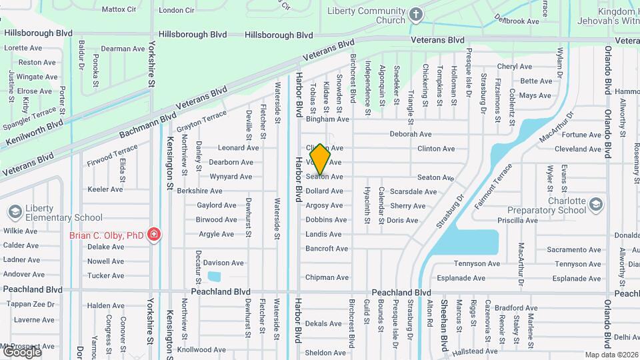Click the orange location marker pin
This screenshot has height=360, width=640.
[320, 159]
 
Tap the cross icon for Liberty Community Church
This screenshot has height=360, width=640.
[416, 15]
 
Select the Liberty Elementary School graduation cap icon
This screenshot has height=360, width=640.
[15, 212]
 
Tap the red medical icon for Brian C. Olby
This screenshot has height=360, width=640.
[154, 235]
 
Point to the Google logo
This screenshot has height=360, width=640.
[21, 352]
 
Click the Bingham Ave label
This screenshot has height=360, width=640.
[327, 119]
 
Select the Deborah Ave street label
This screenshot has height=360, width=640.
[411, 134]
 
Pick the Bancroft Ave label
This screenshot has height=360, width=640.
[327, 249]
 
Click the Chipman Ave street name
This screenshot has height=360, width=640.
[327, 277]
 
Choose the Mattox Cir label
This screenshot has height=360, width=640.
[119, 10]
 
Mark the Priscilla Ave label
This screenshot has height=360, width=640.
[517, 220]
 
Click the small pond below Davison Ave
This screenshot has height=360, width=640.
[214, 277]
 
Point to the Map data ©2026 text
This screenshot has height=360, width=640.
[611, 355]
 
